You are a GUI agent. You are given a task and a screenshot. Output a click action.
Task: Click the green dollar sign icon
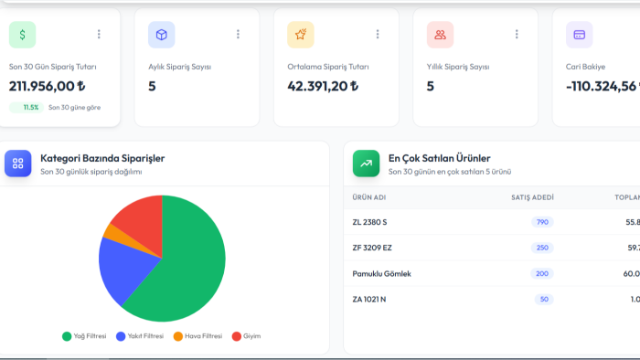pos(23,35)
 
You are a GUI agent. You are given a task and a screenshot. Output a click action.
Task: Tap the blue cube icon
pos(162,35)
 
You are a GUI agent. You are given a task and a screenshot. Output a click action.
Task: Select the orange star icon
pos(301,35)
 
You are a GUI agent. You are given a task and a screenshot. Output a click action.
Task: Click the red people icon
pos(440,35)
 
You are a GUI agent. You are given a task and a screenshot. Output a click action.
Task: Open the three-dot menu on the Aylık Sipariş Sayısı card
pos(238,34)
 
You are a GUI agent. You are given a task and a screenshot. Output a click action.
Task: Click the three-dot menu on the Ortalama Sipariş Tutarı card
pos(378,34)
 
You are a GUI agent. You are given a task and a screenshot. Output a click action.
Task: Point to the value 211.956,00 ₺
pos(48,86)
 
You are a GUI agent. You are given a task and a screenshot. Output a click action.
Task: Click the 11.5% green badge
pos(27,108)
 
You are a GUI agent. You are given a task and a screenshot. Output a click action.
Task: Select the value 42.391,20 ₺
pos(323,86)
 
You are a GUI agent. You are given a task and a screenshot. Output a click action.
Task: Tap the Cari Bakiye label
pos(585,67)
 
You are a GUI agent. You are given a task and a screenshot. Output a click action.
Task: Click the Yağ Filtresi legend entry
pos(84,336)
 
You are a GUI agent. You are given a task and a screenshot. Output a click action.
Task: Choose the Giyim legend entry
pos(246,336)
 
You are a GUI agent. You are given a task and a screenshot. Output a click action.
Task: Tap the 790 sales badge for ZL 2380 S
pos(542,222)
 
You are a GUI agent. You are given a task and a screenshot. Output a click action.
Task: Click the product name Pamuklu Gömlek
pos(381,274)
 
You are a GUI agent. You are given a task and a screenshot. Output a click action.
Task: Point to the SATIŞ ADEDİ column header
pos(533,197)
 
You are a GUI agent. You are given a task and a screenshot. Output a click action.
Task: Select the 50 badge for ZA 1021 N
pos(544,300)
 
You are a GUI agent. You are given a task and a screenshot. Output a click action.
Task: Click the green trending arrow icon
pos(366,164)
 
